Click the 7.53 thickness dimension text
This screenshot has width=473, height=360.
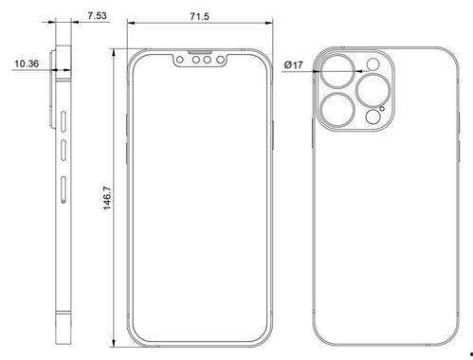pos(97,15)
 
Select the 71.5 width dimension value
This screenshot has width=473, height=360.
pos(199,16)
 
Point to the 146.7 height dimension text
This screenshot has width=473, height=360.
pos(107,198)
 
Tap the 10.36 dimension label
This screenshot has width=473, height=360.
pos(27,63)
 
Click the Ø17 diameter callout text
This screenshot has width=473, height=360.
pos(293,65)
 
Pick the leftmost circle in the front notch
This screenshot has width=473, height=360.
pos(180,60)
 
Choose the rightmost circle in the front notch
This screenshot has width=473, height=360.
pos(220,60)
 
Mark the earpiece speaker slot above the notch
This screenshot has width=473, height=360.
pos(200,52)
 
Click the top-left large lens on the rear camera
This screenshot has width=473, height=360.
pos(337,71)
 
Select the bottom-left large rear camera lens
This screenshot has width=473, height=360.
pos(337,110)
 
